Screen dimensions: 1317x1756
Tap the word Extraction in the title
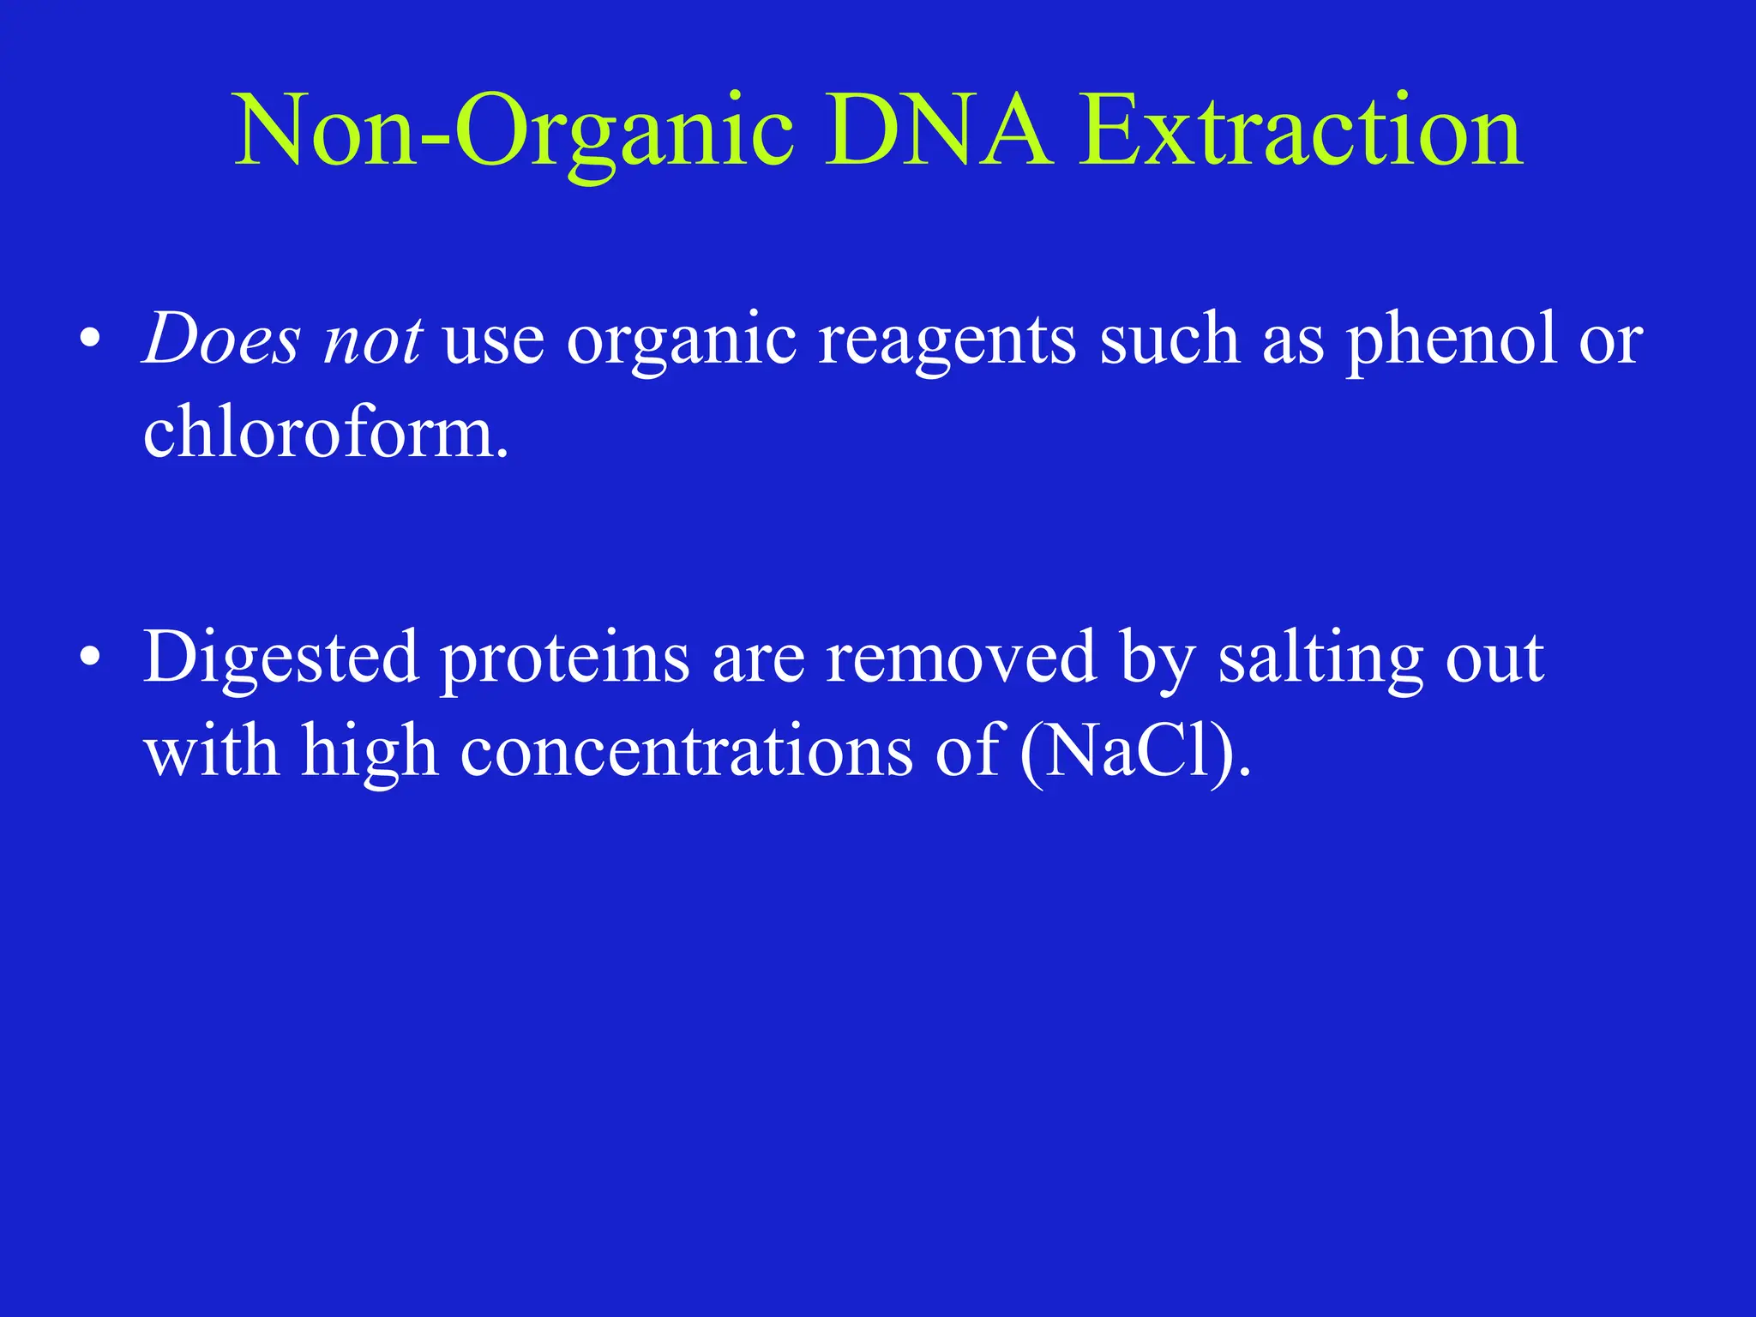click(x=1301, y=131)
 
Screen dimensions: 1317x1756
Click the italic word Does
click(x=221, y=340)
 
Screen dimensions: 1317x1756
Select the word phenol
click(x=1451, y=340)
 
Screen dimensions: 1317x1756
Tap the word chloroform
click(x=325, y=433)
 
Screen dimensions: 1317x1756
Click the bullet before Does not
click(x=89, y=340)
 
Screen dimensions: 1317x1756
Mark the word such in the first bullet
click(x=1170, y=340)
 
